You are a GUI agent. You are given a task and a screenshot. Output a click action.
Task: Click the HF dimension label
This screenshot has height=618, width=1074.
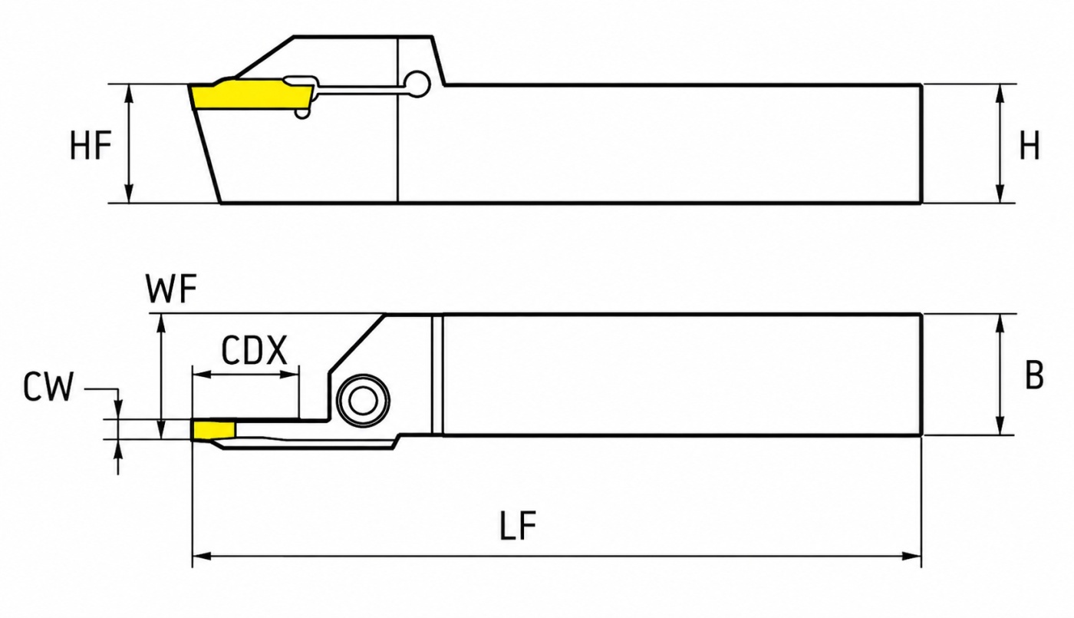point(91,145)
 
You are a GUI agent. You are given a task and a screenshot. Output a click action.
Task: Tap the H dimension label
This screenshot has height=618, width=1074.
point(1030,145)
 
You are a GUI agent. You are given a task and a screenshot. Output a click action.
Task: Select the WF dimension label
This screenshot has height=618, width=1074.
point(171,289)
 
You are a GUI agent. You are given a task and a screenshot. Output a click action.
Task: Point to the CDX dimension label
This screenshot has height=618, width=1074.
point(254,350)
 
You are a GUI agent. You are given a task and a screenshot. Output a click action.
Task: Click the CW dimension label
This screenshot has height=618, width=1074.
point(48,387)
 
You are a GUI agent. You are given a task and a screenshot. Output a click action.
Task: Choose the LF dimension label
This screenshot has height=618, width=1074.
point(519,525)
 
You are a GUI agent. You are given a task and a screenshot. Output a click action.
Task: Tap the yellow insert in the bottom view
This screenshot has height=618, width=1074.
point(214,431)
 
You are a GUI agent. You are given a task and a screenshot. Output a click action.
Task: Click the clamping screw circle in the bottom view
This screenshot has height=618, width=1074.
point(363,400)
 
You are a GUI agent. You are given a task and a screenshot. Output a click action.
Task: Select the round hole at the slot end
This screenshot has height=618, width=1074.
point(417,84)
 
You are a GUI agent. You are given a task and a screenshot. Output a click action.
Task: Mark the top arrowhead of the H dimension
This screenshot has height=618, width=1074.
point(1000,94)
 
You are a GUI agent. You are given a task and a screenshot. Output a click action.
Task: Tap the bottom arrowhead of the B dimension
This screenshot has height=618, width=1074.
point(1000,426)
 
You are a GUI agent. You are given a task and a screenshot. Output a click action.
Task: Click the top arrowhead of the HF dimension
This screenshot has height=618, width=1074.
point(129,94)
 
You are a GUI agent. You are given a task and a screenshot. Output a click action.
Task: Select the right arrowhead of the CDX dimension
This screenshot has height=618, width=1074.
point(290,375)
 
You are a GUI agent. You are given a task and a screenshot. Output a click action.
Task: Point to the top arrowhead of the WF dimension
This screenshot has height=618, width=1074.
point(162,324)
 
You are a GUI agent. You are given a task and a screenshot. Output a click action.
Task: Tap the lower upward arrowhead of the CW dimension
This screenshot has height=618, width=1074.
point(119,448)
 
